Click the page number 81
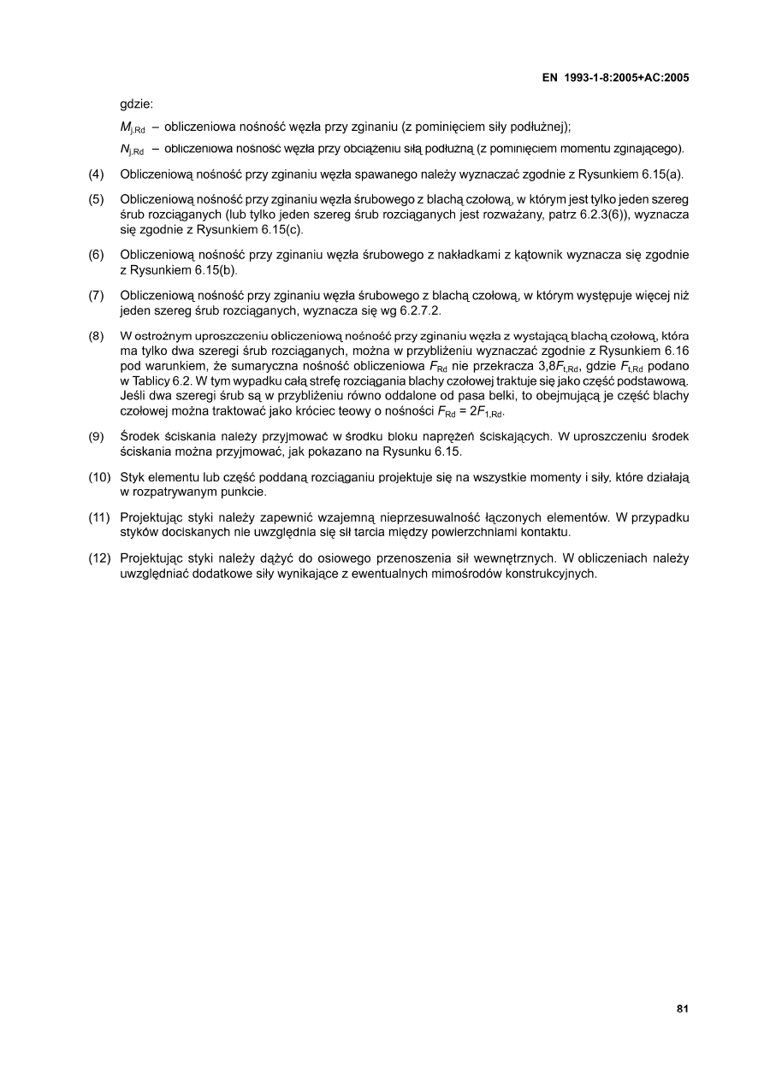[x=682, y=1009]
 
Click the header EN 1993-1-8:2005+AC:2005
[x=616, y=78]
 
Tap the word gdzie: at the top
[x=136, y=105]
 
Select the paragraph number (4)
[x=97, y=175]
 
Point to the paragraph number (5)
[x=97, y=199]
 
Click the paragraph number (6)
[x=97, y=255]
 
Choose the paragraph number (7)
[x=97, y=296]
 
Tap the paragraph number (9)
[x=97, y=436]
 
